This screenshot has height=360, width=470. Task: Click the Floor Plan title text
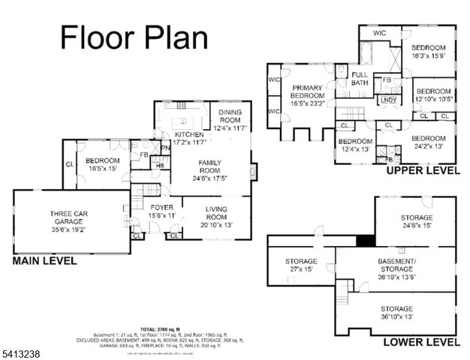[134, 37]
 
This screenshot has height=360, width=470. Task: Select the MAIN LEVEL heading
[44, 261]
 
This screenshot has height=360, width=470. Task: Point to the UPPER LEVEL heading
[422, 171]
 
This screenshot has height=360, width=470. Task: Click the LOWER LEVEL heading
[421, 342]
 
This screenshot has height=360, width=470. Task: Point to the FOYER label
[161, 211]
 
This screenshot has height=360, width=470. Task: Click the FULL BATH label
[360, 79]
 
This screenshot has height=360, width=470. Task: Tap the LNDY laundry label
[388, 99]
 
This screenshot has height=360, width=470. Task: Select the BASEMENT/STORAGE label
[395, 266]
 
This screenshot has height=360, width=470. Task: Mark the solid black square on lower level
[365, 241]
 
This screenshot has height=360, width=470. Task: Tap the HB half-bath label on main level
[159, 166]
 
